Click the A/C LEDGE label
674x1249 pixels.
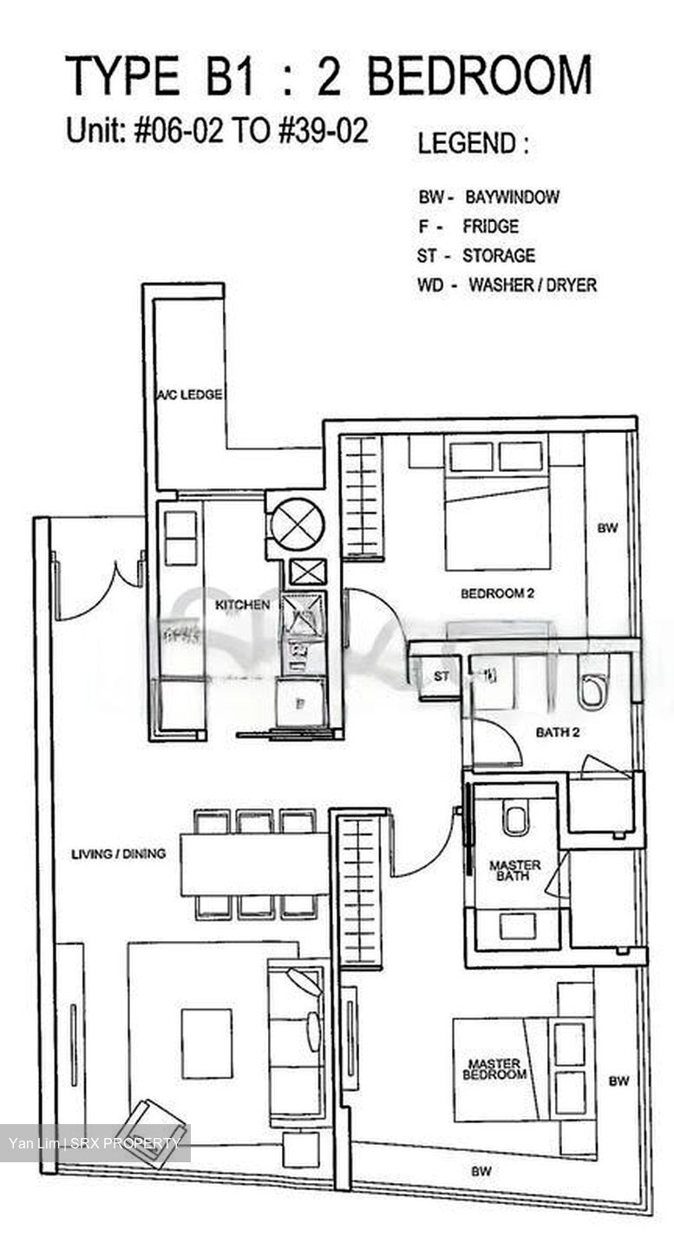[189, 395]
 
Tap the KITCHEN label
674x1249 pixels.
[242, 605]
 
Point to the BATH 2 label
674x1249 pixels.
[557, 732]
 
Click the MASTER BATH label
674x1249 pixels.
[514, 871]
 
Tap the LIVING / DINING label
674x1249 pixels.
[118, 853]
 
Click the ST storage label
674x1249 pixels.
[442, 677]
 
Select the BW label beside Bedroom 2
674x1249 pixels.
[607, 527]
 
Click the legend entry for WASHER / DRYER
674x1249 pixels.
[507, 284]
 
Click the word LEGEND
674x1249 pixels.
[473, 143]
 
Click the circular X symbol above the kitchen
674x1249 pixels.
[298, 524]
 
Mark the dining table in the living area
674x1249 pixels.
[254, 864]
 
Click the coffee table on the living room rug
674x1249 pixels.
[206, 1043]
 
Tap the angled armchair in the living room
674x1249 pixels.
[152, 1131]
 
